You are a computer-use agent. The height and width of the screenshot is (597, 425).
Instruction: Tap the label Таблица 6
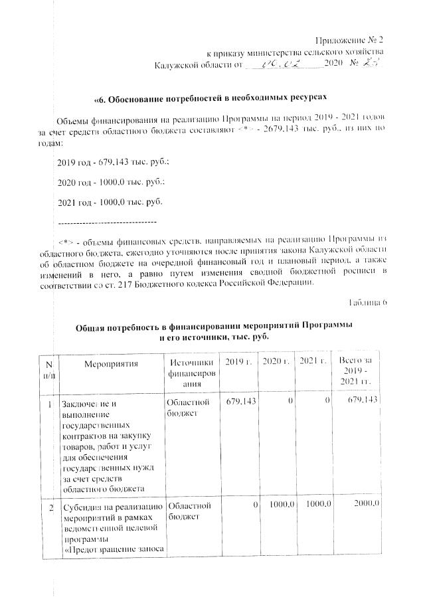tap(366, 303)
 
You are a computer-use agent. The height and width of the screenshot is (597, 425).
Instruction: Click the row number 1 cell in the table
tap(50, 402)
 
